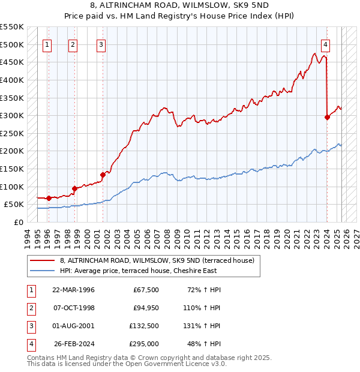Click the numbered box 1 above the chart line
pyautogui.click(x=47, y=44)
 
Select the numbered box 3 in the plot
pyautogui.click(x=101, y=44)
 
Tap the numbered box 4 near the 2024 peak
pyautogui.click(x=325, y=44)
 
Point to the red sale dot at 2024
pyautogui.click(x=327, y=118)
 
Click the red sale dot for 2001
pyautogui.click(x=103, y=175)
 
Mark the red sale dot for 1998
pyautogui.click(x=74, y=188)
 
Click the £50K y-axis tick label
pyautogui.click(x=14, y=205)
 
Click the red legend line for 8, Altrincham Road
pyautogui.click(x=43, y=260)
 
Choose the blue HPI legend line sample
pyautogui.click(x=43, y=271)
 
